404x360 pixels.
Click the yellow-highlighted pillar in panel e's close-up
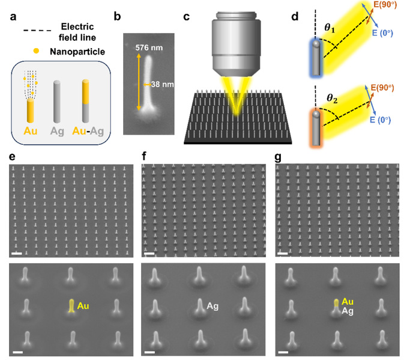tap(71, 306)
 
